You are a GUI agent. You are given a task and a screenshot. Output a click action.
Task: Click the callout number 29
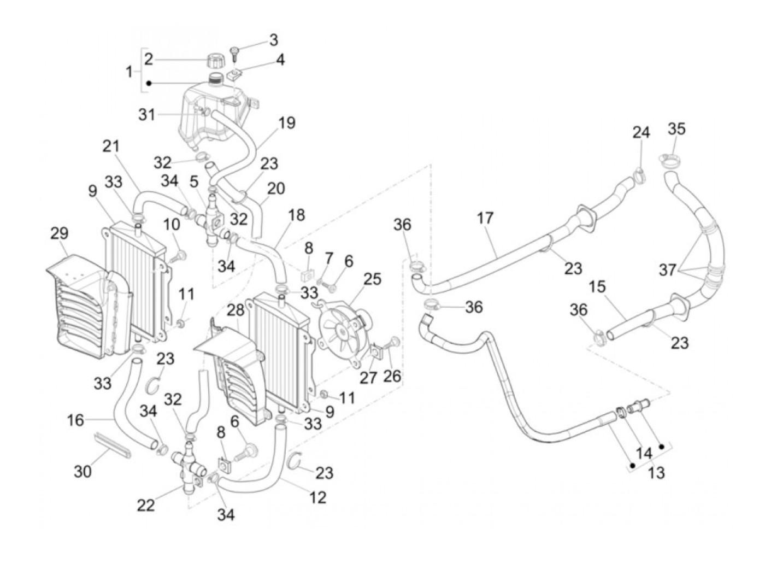click(x=60, y=233)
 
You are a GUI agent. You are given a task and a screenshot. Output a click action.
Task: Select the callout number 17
click(x=485, y=218)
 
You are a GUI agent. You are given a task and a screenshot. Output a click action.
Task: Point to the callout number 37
click(x=667, y=269)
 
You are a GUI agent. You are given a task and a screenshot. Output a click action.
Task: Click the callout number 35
click(x=676, y=129)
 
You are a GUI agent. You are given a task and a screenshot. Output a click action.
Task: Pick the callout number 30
click(x=83, y=471)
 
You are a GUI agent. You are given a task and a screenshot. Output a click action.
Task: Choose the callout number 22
click(x=146, y=506)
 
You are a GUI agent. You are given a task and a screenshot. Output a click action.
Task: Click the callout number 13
click(x=656, y=472)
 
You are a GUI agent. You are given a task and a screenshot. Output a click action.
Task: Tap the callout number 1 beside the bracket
click(x=129, y=71)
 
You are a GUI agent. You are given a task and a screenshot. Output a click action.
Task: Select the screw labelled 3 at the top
click(x=236, y=51)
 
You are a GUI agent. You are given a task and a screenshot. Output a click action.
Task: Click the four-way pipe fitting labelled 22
click(x=186, y=465)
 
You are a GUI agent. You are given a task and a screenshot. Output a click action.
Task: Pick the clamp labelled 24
click(x=639, y=174)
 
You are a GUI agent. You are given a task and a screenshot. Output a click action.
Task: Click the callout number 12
click(x=317, y=497)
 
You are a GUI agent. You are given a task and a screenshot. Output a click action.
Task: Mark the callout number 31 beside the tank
click(x=146, y=115)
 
